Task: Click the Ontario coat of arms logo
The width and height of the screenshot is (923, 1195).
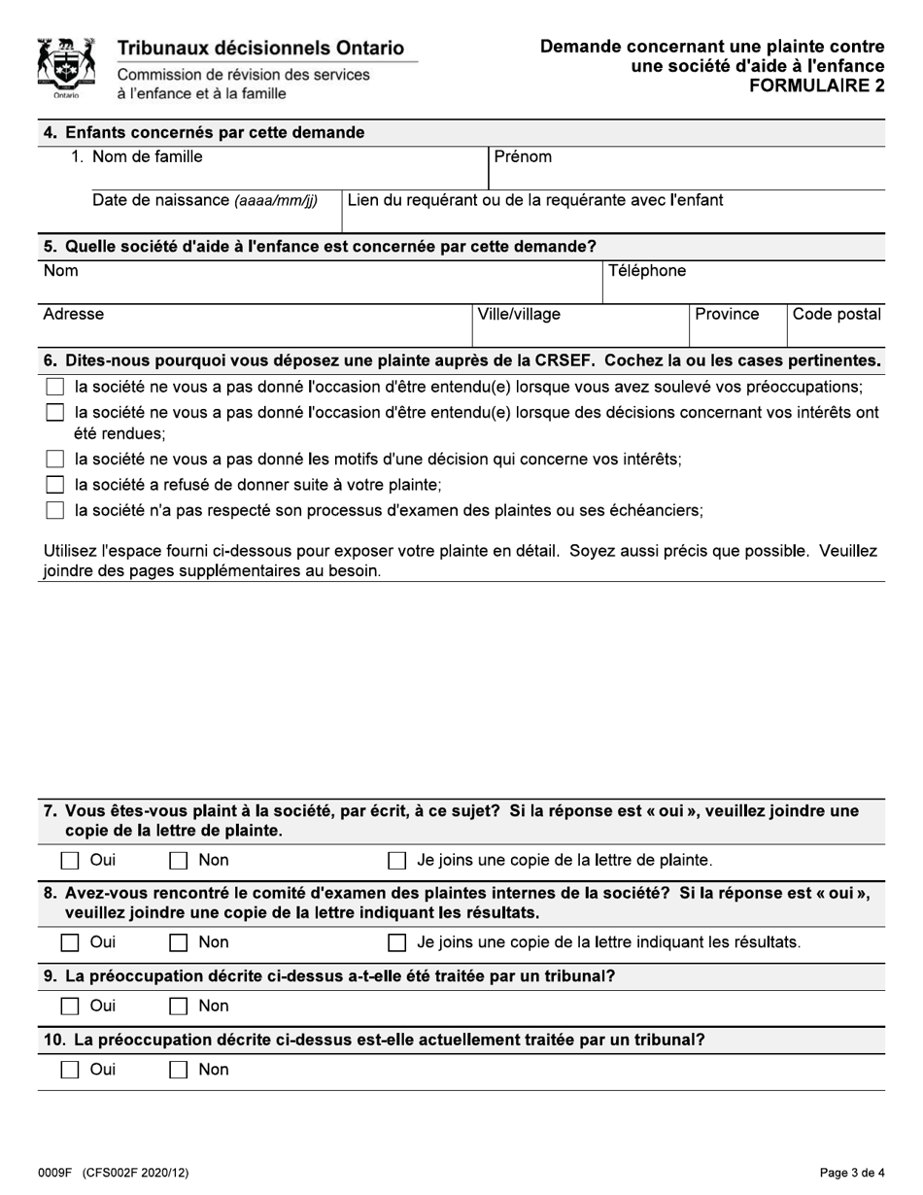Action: point(65,68)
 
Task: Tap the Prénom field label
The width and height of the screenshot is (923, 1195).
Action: point(523,156)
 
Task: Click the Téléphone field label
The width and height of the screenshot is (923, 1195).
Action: point(647,271)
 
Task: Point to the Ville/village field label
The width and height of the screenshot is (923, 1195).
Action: point(519,315)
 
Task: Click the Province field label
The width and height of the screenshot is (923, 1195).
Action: point(727,315)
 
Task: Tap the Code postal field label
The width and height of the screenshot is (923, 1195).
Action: point(837,315)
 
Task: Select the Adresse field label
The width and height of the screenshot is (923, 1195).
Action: point(74,315)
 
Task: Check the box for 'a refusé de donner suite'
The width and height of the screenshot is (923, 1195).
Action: point(55,485)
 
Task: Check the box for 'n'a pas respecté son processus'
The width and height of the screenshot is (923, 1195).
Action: point(55,511)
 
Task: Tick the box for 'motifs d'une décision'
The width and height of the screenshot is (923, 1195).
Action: point(55,460)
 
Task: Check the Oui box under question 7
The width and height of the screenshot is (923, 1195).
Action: point(70,861)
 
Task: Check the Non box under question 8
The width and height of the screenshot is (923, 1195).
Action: point(179,942)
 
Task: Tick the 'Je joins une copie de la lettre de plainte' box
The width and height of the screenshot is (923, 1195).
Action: point(396,861)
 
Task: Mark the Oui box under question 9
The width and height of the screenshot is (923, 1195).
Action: point(70,1007)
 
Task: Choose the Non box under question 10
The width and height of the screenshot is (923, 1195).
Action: point(179,1071)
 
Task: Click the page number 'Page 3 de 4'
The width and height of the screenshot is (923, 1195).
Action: point(852,1173)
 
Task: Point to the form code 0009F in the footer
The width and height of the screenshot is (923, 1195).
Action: point(56,1173)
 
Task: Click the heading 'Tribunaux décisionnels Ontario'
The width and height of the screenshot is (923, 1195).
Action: point(260,49)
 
